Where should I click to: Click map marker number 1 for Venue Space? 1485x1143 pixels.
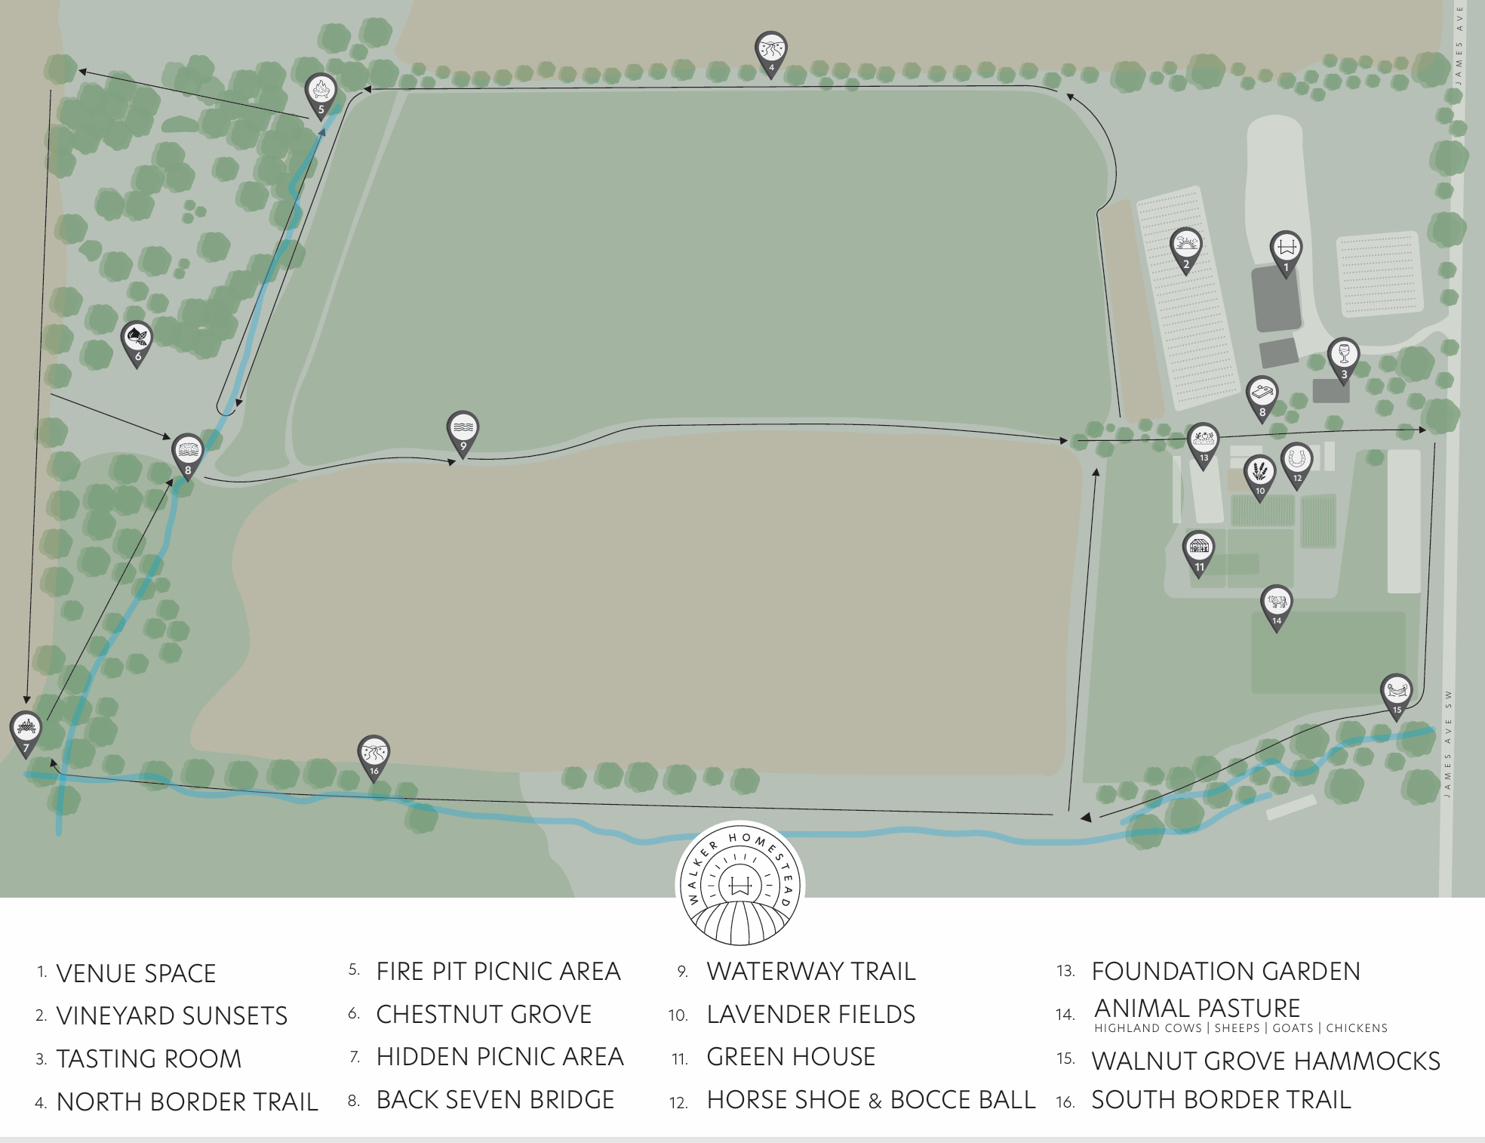[1286, 251]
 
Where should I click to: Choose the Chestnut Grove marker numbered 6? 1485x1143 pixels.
[137, 342]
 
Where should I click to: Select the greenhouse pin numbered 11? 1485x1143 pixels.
[1199, 552]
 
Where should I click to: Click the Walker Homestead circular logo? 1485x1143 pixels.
[739, 884]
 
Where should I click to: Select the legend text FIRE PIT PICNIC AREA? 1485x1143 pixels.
[498, 971]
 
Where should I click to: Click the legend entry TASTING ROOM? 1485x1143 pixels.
[149, 1059]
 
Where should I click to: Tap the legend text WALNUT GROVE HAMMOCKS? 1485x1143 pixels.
[1265, 1061]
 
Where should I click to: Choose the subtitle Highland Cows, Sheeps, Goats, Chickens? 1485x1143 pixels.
[1241, 1028]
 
